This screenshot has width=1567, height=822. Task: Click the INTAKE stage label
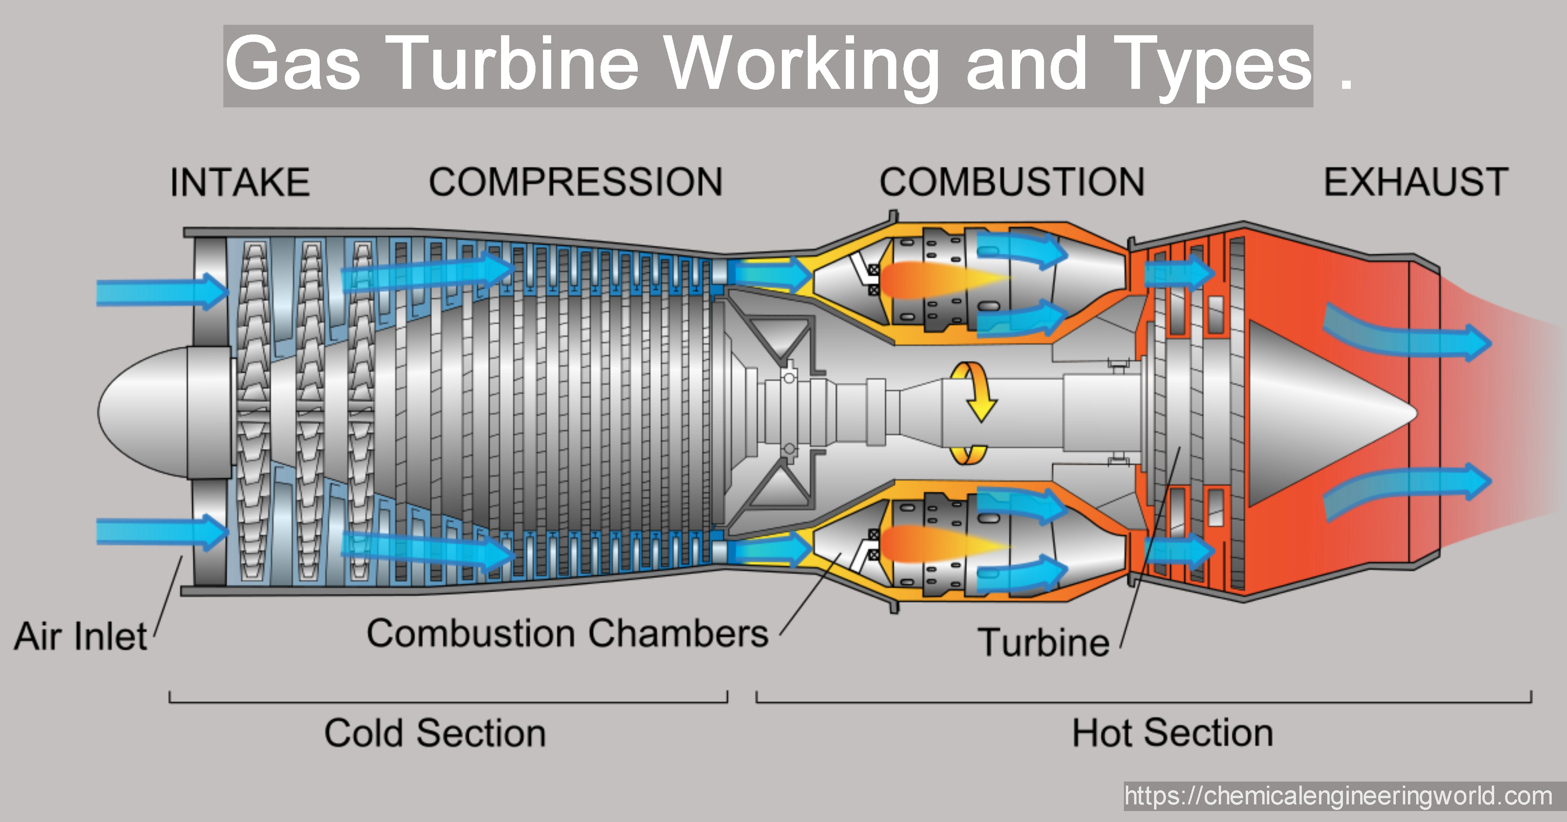[240, 182]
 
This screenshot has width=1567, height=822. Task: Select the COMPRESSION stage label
[575, 182]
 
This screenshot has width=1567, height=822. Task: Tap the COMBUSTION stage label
[1011, 182]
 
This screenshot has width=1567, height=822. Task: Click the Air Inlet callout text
[80, 636]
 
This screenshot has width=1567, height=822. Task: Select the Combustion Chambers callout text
[567, 633]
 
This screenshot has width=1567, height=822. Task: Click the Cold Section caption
[435, 733]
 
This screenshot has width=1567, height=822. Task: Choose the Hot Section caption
[1172, 733]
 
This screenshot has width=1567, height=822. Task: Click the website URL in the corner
[1338, 796]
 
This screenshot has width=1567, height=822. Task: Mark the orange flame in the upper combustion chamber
[937, 279]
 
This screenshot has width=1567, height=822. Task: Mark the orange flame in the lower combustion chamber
[937, 544]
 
